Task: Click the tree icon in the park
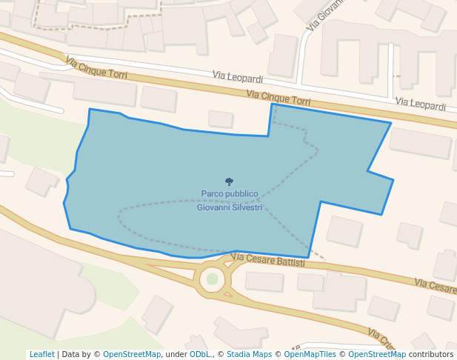click(229, 181)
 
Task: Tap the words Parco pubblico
click(230, 194)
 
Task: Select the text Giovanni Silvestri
click(230, 208)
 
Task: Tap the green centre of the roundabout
click(213, 279)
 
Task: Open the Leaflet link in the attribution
click(41, 354)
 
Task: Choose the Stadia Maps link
click(249, 354)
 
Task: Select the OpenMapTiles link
click(310, 354)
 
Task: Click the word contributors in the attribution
click(431, 354)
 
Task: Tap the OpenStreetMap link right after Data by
click(132, 354)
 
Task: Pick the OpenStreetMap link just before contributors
click(377, 354)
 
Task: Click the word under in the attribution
click(176, 354)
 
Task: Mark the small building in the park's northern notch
click(221, 119)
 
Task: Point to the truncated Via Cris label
click(381, 340)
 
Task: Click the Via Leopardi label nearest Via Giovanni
click(238, 76)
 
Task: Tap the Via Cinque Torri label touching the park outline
click(278, 97)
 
